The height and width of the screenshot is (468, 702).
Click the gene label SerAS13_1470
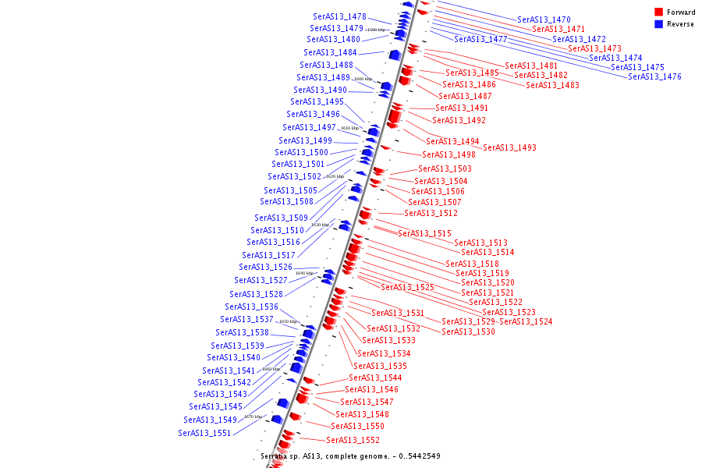pos(544,19)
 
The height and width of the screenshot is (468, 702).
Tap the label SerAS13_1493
pos(509,147)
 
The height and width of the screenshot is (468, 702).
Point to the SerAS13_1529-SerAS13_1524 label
pos(497,321)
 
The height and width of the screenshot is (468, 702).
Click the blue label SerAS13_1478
pos(339,16)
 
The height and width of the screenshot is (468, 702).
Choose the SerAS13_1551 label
pos(204,433)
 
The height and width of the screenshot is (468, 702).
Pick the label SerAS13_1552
pos(353,440)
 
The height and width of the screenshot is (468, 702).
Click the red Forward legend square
pos(658,12)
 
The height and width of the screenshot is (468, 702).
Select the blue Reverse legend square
pos(658,24)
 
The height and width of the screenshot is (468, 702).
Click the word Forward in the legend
pos(681,12)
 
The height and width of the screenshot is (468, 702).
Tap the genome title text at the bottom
pos(350,456)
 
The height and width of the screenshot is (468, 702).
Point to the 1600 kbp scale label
pos(363,79)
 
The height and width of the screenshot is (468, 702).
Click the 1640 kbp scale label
pos(304,274)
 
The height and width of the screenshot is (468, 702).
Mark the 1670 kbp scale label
pos(253,417)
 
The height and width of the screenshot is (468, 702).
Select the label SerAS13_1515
pos(424,233)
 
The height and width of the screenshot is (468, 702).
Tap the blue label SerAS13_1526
pos(265,267)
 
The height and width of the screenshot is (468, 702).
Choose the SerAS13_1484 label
pos(330,52)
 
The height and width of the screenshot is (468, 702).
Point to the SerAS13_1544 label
pos(375,378)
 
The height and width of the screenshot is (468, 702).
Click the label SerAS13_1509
pos(281,218)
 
